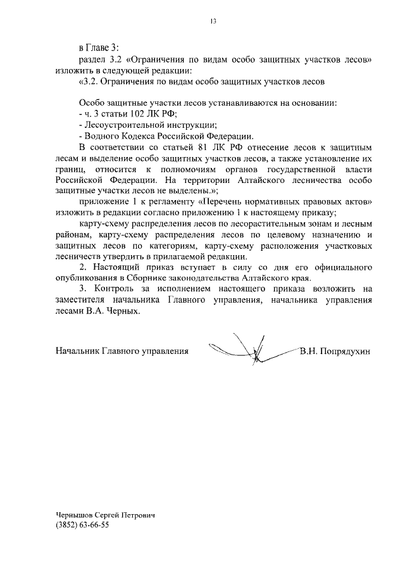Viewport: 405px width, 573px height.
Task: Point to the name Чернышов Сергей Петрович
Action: click(105, 515)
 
